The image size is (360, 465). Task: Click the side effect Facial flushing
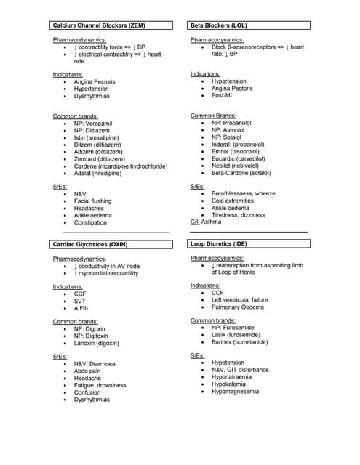pyautogui.click(x=92, y=201)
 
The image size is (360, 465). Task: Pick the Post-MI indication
pyautogui.click(x=222, y=95)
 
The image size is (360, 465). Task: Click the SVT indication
pyautogui.click(x=80, y=301)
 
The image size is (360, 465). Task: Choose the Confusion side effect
pyautogui.click(x=87, y=392)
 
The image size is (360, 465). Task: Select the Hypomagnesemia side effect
pyautogui.click(x=235, y=391)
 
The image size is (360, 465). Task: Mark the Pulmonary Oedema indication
pyautogui.click(x=239, y=307)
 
